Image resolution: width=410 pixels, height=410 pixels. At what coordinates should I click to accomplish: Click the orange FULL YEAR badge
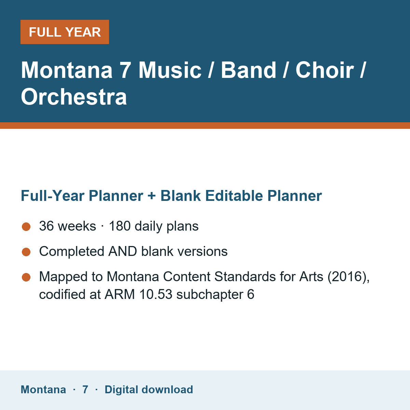(x=65, y=32)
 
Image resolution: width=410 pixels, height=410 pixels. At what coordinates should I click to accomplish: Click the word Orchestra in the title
(x=74, y=97)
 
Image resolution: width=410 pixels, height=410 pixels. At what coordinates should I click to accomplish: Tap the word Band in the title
(x=248, y=70)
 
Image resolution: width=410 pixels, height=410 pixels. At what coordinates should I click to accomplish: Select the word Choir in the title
(x=325, y=70)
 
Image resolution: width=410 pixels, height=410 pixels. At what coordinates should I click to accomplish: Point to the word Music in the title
(x=170, y=70)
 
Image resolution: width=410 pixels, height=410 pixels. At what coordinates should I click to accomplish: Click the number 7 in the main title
(x=125, y=70)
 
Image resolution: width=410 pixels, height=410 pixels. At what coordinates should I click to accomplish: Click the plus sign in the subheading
(x=151, y=196)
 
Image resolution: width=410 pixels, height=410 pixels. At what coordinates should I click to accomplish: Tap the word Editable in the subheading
(x=234, y=195)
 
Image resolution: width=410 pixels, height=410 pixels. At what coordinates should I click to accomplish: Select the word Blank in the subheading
(x=180, y=195)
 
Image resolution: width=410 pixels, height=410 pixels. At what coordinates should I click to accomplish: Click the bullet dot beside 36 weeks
(x=26, y=227)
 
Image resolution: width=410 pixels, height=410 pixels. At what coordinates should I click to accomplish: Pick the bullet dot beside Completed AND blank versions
(x=26, y=252)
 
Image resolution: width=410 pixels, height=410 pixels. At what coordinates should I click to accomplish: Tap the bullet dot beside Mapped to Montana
(x=26, y=277)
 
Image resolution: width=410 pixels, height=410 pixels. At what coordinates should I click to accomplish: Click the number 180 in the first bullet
(x=120, y=226)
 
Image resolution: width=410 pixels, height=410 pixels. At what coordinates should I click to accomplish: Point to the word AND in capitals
(x=123, y=251)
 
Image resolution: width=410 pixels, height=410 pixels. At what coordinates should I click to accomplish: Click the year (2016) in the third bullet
(x=348, y=277)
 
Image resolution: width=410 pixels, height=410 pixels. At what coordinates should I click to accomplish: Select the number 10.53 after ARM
(x=156, y=295)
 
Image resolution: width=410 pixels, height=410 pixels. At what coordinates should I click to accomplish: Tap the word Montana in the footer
(x=43, y=389)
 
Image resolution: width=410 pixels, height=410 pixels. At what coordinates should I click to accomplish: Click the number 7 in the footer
(x=85, y=389)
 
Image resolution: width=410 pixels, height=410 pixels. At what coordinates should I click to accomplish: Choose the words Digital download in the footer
(x=149, y=390)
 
